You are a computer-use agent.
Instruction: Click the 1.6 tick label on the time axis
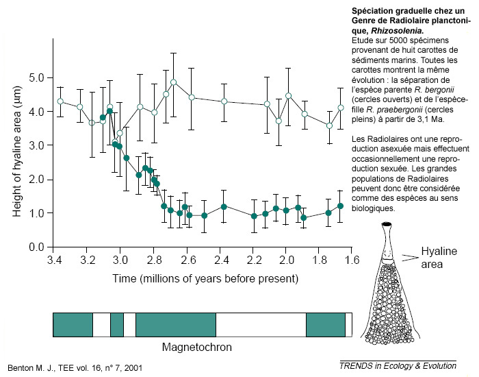pyautogui.click(x=352, y=260)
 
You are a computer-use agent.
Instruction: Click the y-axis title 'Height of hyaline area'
pyautogui.click(x=17, y=146)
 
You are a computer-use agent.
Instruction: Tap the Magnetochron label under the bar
pyautogui.click(x=196, y=347)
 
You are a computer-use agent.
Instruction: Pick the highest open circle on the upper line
pyautogui.click(x=174, y=82)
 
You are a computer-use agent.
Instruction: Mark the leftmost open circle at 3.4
pyautogui.click(x=60, y=101)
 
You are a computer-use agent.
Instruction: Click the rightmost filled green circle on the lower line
pyautogui.click(x=340, y=206)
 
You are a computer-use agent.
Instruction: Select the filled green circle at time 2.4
pyautogui.click(x=224, y=206)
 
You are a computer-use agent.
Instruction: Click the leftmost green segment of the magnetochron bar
pyautogui.click(x=73, y=325)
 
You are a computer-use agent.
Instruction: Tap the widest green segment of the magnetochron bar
pyautogui.click(x=176, y=325)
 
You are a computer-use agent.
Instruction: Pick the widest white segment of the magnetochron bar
pyautogui.click(x=261, y=325)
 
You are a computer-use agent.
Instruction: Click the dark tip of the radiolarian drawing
pyautogui.click(x=388, y=225)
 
